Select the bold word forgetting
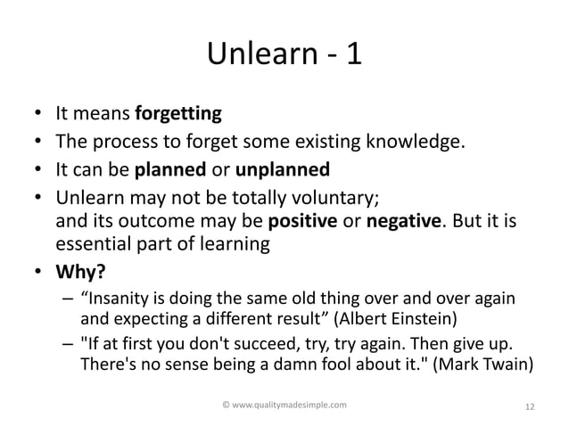pyautogui.click(x=177, y=114)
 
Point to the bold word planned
pyautogui.click(x=165, y=169)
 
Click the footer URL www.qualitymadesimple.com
pyautogui.click(x=284, y=405)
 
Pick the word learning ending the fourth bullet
pyautogui.click(x=234, y=243)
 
